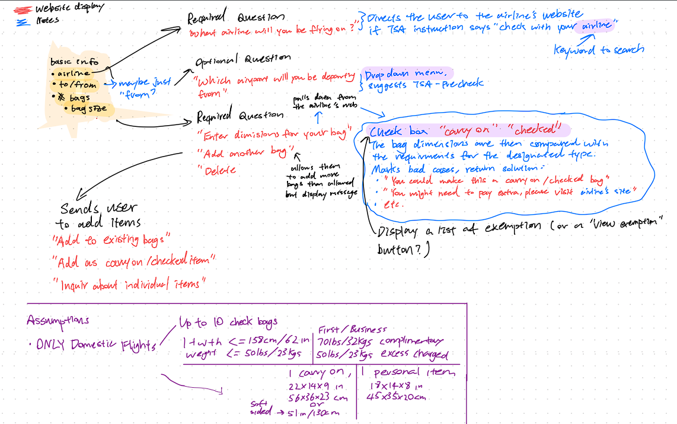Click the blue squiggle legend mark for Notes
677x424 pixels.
23,21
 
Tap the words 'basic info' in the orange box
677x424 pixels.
71,62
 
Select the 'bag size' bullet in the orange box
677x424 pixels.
89,109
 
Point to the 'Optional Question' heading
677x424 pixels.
243,59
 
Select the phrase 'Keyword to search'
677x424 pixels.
599,50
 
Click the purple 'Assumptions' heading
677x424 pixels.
58,320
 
